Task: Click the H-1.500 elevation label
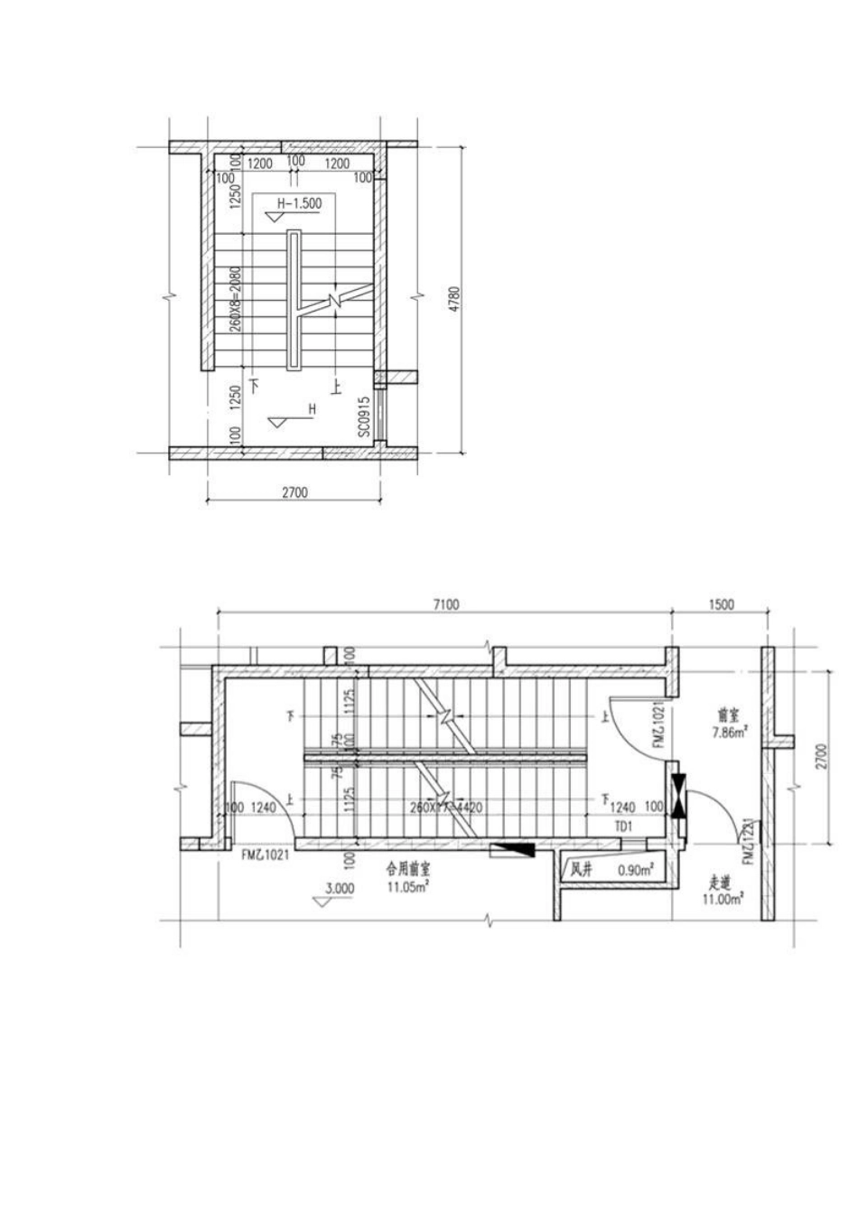point(299,203)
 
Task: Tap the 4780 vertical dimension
point(455,299)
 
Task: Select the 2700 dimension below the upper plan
point(295,493)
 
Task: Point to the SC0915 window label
point(363,417)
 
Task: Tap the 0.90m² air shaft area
point(636,871)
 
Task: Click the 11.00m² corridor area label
point(723,899)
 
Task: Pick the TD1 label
point(621,826)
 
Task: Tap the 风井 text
point(580,871)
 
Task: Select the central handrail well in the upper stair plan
point(294,300)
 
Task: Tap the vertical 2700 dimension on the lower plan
point(819,755)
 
